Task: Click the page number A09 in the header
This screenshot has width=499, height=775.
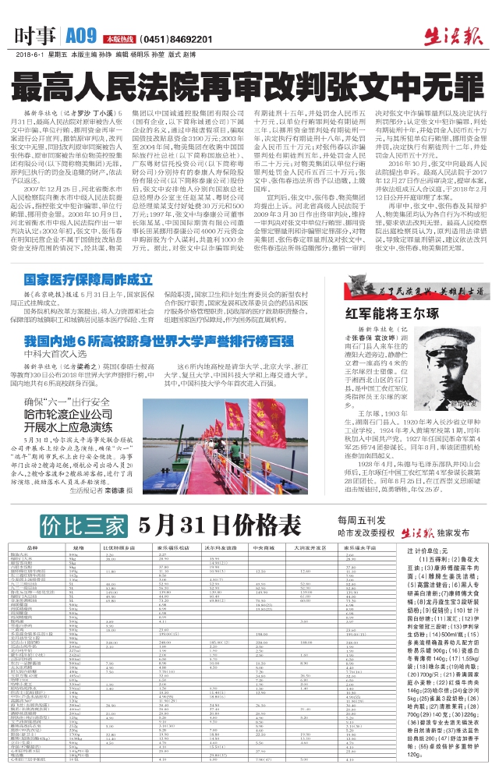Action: [x=80, y=35]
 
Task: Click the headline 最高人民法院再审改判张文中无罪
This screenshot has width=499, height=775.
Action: [x=249, y=86]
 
